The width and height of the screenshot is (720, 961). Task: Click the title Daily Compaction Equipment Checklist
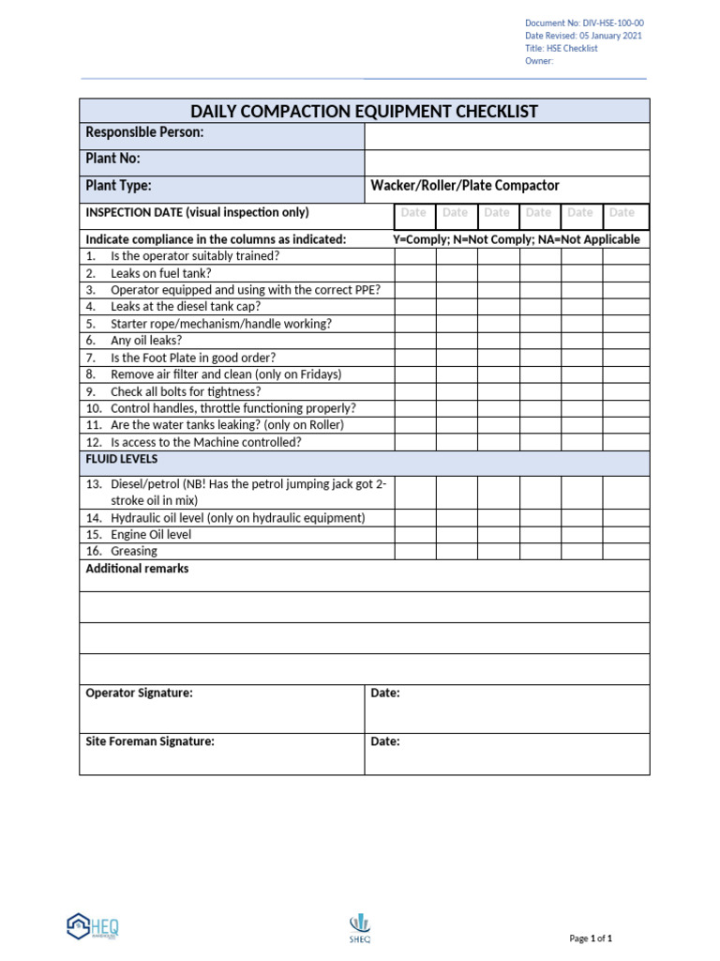click(x=365, y=112)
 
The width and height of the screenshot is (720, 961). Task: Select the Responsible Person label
click(x=144, y=133)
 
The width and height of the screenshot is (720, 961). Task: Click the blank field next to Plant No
click(x=506, y=160)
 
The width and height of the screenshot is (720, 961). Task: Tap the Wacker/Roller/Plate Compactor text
click(x=465, y=186)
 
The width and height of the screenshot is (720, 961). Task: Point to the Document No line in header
click(x=584, y=23)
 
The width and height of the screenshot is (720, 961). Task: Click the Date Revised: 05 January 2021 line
click(x=583, y=36)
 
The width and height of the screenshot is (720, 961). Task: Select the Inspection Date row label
click(x=197, y=212)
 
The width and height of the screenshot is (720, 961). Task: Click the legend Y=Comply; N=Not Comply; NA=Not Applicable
click(x=516, y=239)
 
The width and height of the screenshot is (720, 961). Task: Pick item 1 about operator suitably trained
click(x=194, y=256)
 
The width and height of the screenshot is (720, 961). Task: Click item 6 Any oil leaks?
click(x=146, y=341)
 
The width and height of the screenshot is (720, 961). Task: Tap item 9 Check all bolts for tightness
click(x=186, y=391)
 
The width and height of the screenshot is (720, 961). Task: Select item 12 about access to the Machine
click(x=205, y=442)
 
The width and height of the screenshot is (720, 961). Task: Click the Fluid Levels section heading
click(x=122, y=460)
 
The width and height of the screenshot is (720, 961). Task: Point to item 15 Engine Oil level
click(x=150, y=535)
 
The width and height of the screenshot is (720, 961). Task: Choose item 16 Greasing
click(x=133, y=552)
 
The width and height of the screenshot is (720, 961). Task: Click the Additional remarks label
click(x=137, y=569)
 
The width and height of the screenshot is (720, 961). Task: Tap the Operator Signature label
click(x=139, y=693)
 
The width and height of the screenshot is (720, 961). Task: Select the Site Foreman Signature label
click(x=150, y=741)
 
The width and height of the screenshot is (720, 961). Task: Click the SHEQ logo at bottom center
click(x=360, y=926)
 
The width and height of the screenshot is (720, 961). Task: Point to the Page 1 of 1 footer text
click(x=591, y=938)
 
